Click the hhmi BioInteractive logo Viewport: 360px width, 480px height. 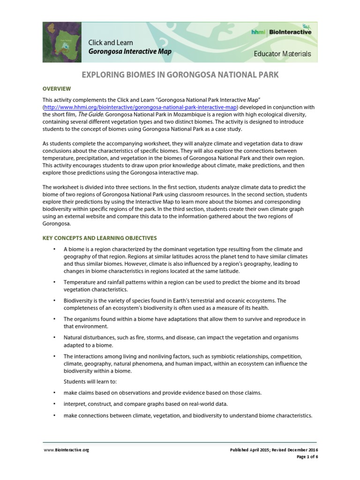pyautogui.click(x=281, y=32)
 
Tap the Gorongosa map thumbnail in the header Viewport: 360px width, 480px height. pyautogui.click(x=62, y=42)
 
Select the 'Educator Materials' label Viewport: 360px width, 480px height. pyautogui.click(x=282, y=53)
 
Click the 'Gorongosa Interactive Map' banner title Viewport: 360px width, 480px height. pyautogui.click(x=130, y=52)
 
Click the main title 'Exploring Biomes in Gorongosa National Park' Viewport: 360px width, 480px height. pyautogui.click(x=180, y=75)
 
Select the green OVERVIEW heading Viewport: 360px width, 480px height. pyautogui.click(x=57, y=88)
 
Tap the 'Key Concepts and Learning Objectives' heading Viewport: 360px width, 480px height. pyautogui.click(x=99, y=238)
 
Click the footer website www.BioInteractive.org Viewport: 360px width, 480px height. pyautogui.click(x=66, y=450)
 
